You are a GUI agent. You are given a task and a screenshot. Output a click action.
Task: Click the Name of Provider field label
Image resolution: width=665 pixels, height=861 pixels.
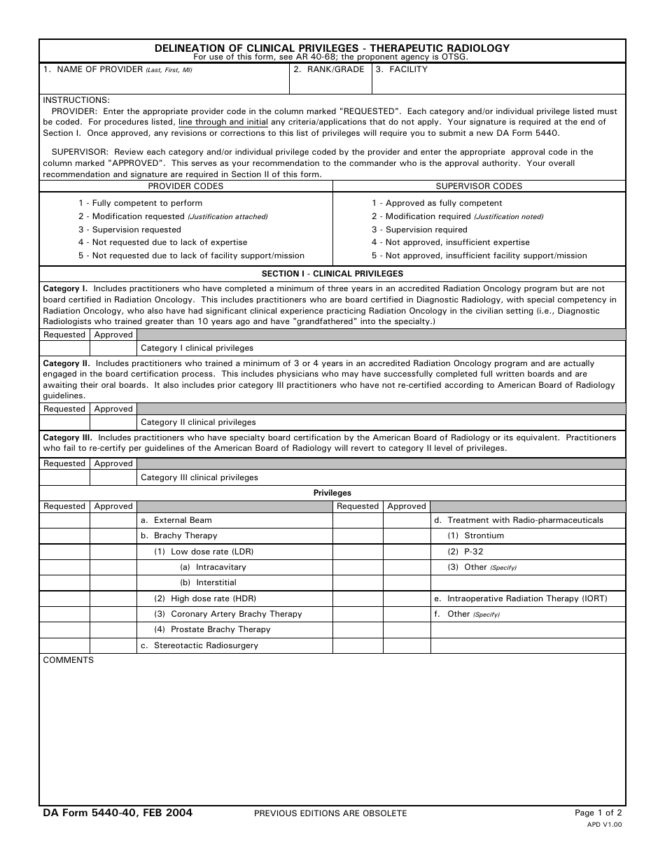point(117,69)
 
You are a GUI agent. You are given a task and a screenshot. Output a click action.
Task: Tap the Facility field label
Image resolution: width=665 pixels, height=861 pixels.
point(401,69)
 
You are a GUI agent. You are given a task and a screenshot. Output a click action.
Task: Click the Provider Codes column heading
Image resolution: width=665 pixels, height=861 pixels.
point(185,186)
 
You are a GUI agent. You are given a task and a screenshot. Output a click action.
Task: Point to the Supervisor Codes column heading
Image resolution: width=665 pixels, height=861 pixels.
point(479,186)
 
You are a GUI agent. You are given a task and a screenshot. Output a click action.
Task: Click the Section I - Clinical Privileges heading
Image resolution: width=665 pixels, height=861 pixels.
point(332,274)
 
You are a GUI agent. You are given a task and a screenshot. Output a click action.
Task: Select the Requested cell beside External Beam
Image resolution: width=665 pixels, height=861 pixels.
point(64,520)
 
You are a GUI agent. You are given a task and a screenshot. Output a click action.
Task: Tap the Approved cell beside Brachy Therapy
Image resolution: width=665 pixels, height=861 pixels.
point(113,535)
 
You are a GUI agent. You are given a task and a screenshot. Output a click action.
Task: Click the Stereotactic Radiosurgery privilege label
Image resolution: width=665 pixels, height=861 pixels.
point(199,645)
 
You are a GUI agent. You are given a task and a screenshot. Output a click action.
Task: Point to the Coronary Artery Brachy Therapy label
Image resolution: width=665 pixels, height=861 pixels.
point(228,614)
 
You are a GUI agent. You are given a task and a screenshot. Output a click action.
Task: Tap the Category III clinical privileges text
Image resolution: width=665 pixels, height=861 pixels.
point(199,477)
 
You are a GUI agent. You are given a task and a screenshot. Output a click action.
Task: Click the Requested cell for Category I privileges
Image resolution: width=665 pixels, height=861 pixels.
point(64,348)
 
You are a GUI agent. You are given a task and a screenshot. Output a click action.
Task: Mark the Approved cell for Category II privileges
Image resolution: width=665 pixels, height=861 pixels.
point(113,422)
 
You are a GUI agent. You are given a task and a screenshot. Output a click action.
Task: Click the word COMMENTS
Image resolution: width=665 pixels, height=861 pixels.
point(69,660)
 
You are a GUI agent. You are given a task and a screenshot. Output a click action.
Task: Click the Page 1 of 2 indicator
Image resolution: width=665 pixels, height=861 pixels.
point(598,813)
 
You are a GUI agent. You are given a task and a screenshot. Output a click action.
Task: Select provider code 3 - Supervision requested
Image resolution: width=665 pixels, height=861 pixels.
point(129,230)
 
